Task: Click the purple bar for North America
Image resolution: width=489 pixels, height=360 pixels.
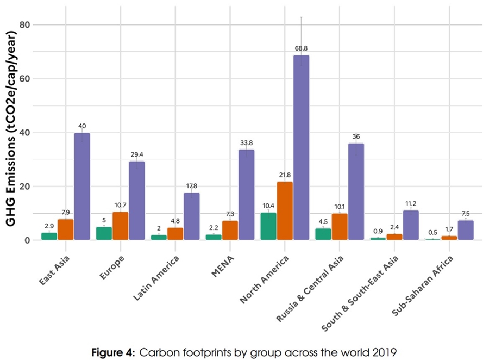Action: (301, 147)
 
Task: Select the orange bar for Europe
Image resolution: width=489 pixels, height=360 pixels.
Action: (120, 226)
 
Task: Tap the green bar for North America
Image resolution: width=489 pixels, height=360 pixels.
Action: (268, 226)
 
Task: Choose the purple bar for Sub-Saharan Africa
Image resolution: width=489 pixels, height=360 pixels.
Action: (466, 230)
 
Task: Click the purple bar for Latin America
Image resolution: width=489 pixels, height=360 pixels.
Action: (191, 216)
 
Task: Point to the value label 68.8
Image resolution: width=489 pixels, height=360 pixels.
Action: (301, 48)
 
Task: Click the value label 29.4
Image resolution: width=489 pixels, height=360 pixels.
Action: (137, 154)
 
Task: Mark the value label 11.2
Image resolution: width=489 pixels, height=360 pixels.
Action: (411, 203)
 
